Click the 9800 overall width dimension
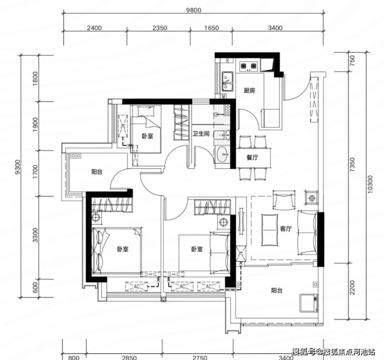point(194,10)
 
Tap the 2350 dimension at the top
point(160,28)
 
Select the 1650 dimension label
point(212,28)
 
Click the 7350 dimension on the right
point(352,165)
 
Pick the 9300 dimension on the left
point(17,167)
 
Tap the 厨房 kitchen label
point(249,91)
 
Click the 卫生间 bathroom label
point(201,134)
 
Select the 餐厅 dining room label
point(252,157)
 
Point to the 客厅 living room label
point(286,229)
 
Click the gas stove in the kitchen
point(249,66)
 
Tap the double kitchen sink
point(227,81)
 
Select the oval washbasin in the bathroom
point(223,154)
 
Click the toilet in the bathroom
point(222,135)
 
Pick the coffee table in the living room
point(270,230)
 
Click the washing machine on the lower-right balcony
point(309,303)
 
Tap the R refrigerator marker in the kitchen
point(228,60)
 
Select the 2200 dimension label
point(352,287)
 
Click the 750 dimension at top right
point(352,60)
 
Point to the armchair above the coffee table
point(284,199)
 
